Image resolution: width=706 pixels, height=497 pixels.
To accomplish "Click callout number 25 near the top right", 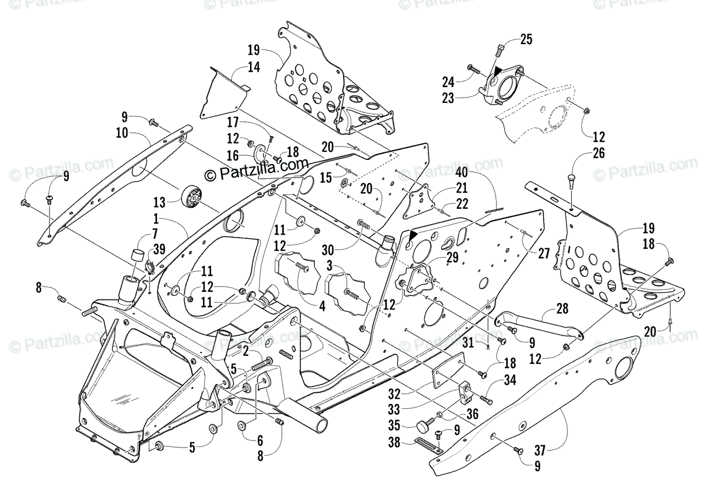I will click(x=526, y=40).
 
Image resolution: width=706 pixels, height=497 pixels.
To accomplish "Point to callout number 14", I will click(x=253, y=67).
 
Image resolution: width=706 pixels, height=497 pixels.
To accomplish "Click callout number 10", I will click(x=123, y=134).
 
